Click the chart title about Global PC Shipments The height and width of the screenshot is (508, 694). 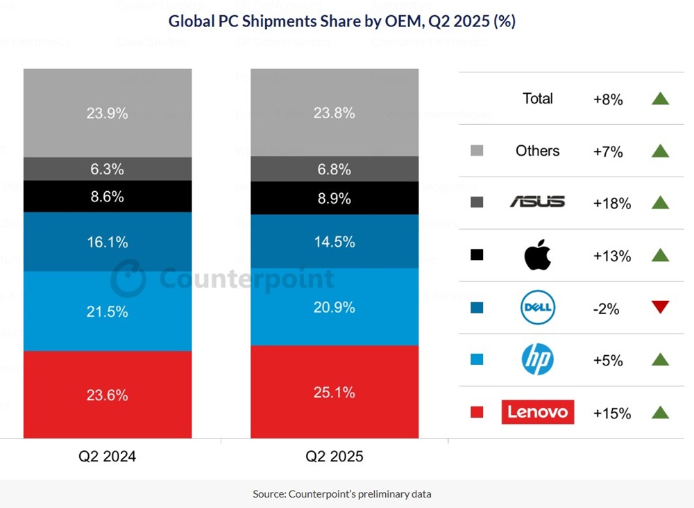coord(341,22)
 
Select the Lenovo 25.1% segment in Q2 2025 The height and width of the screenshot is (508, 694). coord(335,393)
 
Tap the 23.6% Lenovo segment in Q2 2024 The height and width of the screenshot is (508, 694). coord(107,395)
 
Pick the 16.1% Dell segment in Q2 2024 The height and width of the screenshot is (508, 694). coord(107,242)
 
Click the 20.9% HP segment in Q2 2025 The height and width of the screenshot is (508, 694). coord(335,306)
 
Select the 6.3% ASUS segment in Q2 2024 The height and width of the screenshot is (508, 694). coord(107,169)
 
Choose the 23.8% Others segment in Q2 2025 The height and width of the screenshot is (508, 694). coord(335,113)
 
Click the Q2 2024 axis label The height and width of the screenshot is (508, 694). coord(107,457)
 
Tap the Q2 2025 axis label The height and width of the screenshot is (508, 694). coord(335,457)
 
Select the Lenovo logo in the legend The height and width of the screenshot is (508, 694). coord(537,412)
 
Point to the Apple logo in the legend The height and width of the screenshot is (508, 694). coord(537,256)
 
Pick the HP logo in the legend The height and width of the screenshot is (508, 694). coord(537,360)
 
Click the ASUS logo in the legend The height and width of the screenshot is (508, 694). coord(537,202)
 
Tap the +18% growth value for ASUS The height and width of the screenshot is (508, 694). coord(611,204)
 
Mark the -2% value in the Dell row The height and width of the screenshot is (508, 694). coord(607,309)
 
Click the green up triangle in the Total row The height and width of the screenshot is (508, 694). coord(660,99)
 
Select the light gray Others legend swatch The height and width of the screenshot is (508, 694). coord(476,151)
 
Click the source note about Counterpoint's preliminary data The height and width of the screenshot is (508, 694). coord(341,494)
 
